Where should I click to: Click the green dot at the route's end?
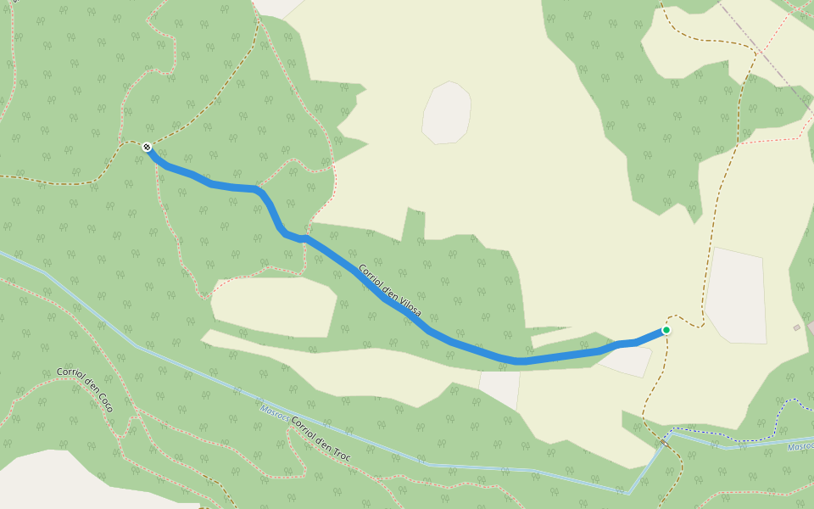tap(666, 330)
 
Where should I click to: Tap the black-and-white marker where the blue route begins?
tap(148, 148)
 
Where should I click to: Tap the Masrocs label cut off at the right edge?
tap(800, 446)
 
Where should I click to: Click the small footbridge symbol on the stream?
tap(663, 443)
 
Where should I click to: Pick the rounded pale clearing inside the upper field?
tap(446, 113)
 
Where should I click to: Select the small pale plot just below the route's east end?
tap(627, 360)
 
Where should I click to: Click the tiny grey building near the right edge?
tap(796, 327)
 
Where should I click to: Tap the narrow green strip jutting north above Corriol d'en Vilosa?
tap(414, 225)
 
